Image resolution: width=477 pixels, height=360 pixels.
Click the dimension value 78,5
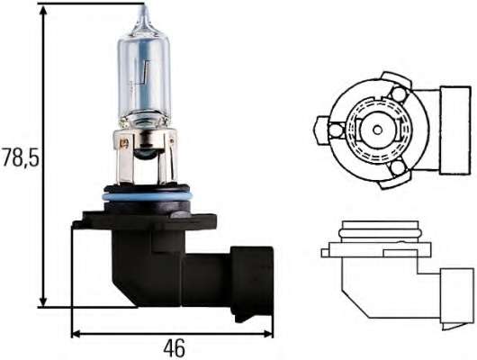coord(21,159)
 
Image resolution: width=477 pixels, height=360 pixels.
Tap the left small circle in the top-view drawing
coord(336,131)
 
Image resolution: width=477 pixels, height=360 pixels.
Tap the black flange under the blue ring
coord(144,216)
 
